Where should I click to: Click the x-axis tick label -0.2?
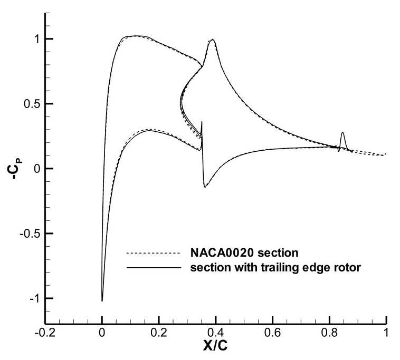click(x=45, y=333)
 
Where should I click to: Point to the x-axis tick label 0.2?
click(x=159, y=333)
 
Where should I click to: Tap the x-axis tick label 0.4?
click(x=216, y=333)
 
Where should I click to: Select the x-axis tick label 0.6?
click(x=273, y=333)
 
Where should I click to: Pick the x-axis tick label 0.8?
click(x=330, y=333)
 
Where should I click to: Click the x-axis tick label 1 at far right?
click(x=386, y=333)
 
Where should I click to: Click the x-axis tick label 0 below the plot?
click(x=102, y=333)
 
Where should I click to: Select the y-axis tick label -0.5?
click(x=30, y=233)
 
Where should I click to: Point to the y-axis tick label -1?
click(x=35, y=298)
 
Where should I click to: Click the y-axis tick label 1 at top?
click(x=37, y=39)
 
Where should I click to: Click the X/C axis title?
click(x=215, y=346)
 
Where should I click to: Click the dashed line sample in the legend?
click(x=154, y=253)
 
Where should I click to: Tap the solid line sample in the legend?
click(x=154, y=268)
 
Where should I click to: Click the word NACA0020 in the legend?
click(x=222, y=253)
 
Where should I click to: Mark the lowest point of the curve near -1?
click(x=102, y=301)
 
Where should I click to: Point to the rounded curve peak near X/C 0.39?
click(x=212, y=39)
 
